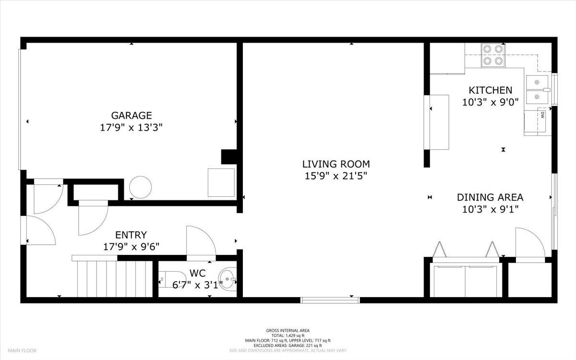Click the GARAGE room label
(132, 116)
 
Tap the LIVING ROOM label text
(336, 164)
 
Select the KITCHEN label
(491, 90)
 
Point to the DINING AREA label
(490, 197)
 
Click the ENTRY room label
(131, 235)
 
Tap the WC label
(197, 273)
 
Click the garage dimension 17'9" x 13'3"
(131, 128)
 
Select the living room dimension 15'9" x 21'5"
(336, 176)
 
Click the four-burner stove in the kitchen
(493, 55)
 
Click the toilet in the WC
(172, 279)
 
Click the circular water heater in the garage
(140, 187)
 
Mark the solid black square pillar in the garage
(229, 157)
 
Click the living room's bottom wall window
(330, 300)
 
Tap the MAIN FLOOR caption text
(22, 350)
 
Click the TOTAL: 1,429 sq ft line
(288, 336)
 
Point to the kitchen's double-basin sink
(538, 90)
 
